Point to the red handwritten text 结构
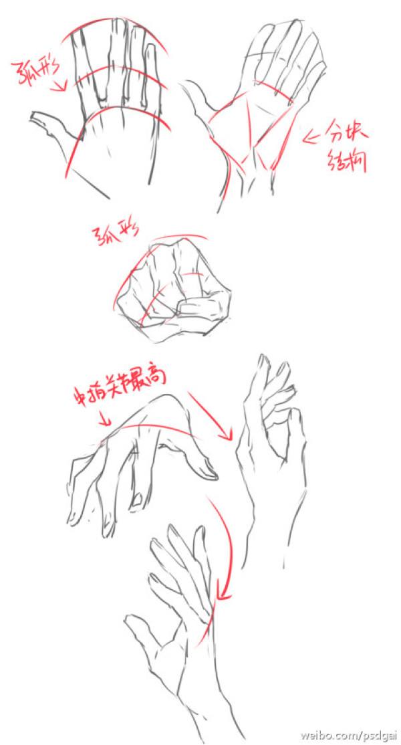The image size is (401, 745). [347, 161]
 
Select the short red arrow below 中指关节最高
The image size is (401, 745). [104, 420]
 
